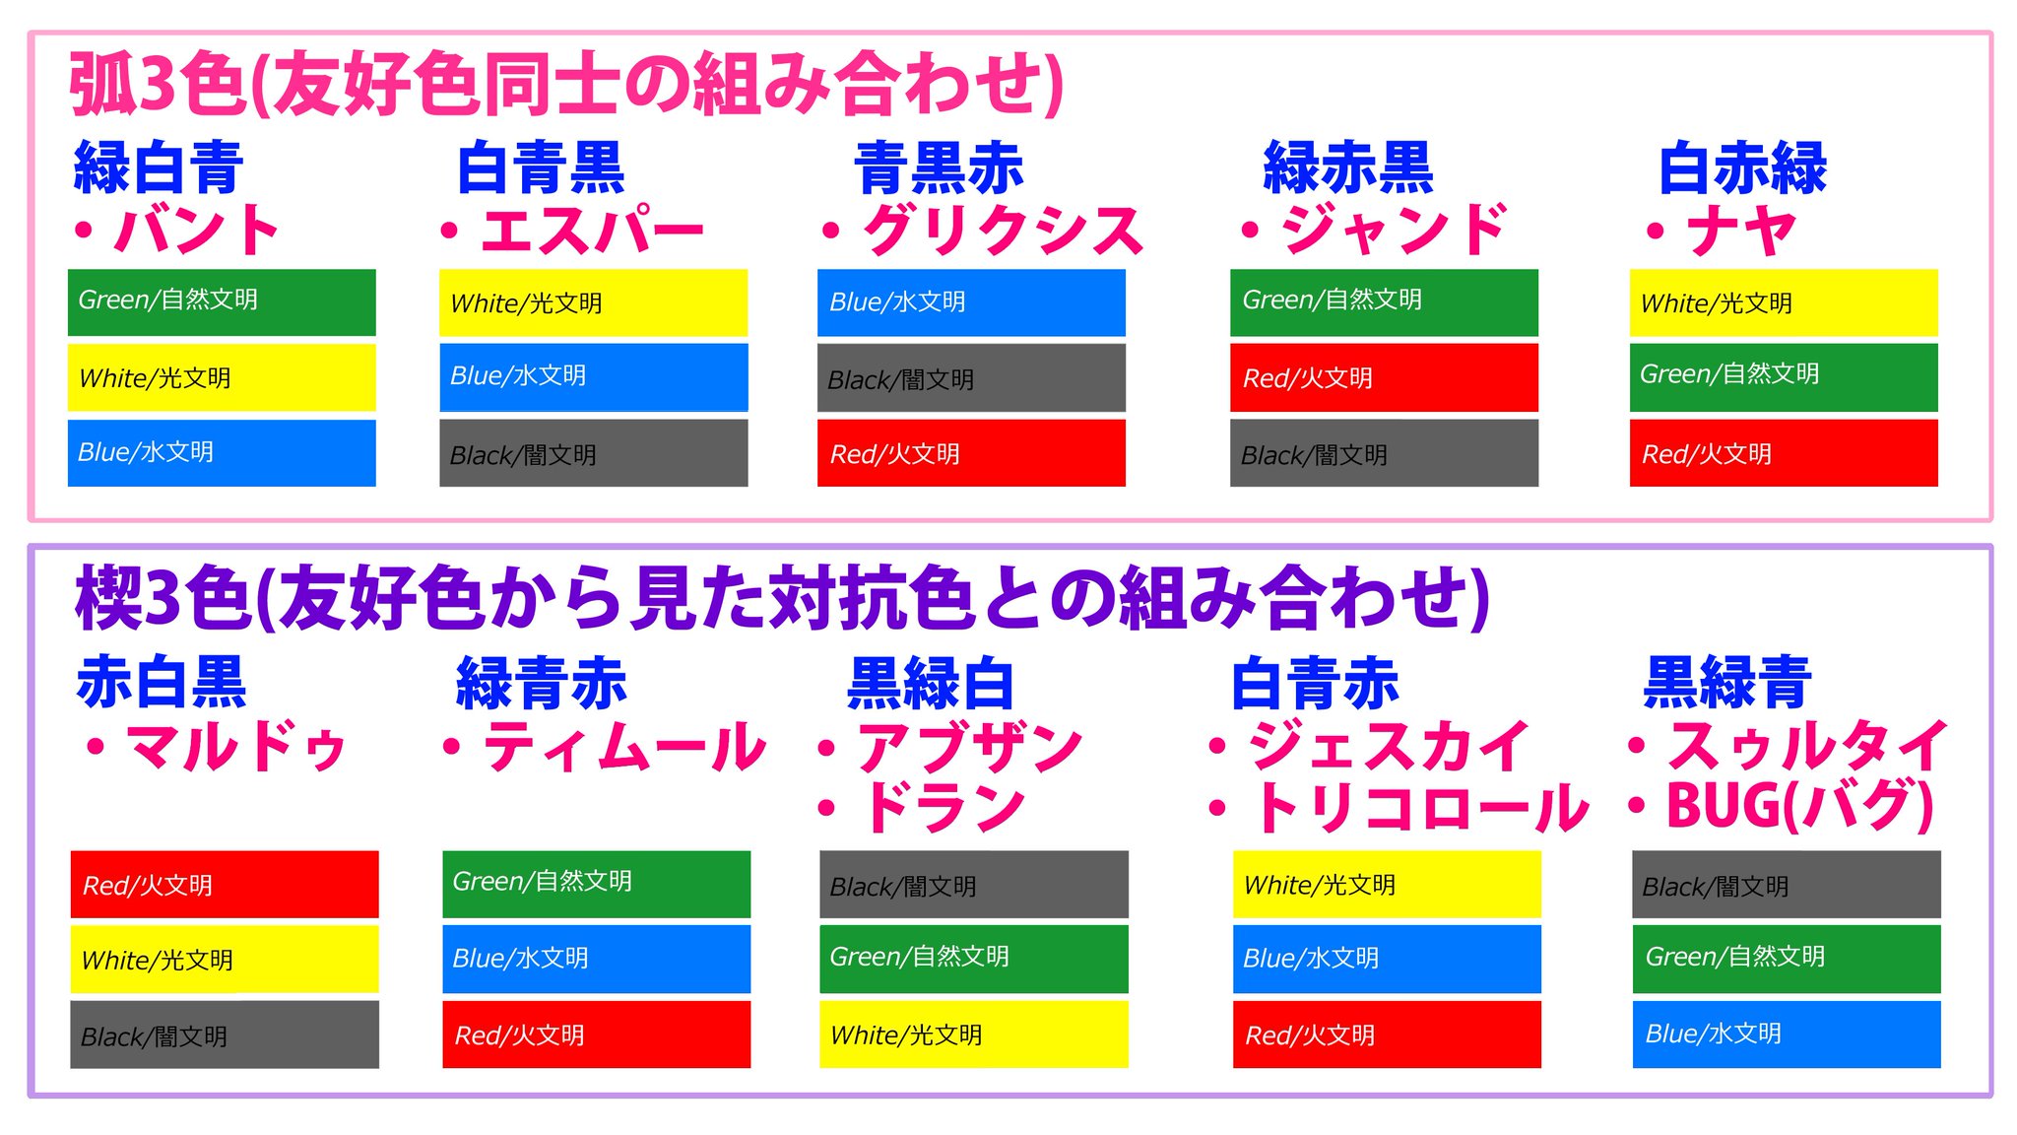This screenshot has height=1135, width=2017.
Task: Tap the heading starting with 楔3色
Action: (x=783, y=599)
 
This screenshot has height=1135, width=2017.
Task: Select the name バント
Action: (x=197, y=230)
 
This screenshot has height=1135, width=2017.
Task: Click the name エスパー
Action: (x=592, y=230)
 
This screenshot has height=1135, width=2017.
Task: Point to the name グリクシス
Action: (x=1003, y=230)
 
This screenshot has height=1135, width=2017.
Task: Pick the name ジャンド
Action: (x=1394, y=230)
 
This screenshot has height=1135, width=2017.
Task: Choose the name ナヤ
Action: (x=1742, y=230)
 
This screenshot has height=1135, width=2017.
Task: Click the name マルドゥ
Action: (x=237, y=746)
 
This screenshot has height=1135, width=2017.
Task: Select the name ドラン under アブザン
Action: (x=943, y=807)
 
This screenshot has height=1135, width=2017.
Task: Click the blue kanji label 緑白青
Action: (x=159, y=167)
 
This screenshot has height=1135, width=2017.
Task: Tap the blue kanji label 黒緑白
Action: (x=931, y=683)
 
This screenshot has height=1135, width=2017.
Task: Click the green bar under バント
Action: (x=222, y=301)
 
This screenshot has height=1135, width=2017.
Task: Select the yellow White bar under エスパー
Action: (x=594, y=302)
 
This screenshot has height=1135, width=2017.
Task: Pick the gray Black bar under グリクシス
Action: (x=971, y=378)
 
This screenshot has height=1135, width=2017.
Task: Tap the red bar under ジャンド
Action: (x=1384, y=377)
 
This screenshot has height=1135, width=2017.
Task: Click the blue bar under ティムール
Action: (x=597, y=959)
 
